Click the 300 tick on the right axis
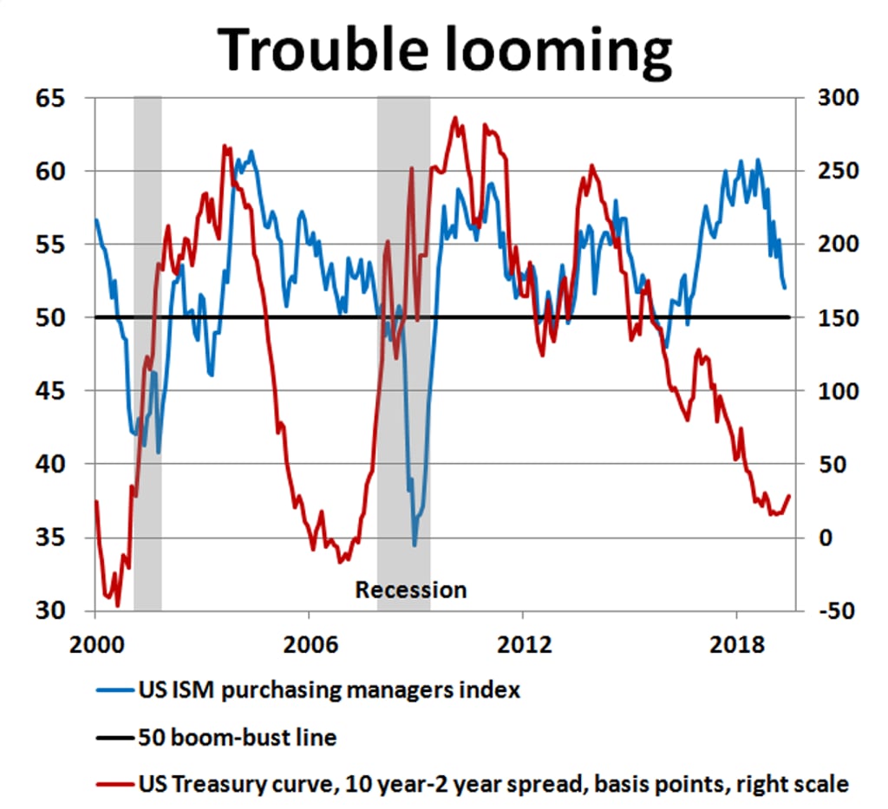click(x=838, y=98)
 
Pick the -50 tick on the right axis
click(x=838, y=610)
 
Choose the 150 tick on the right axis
click(x=838, y=317)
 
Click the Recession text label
click(x=411, y=590)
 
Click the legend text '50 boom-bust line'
click(x=237, y=739)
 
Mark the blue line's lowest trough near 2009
click(x=415, y=545)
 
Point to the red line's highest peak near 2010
click(x=455, y=117)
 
